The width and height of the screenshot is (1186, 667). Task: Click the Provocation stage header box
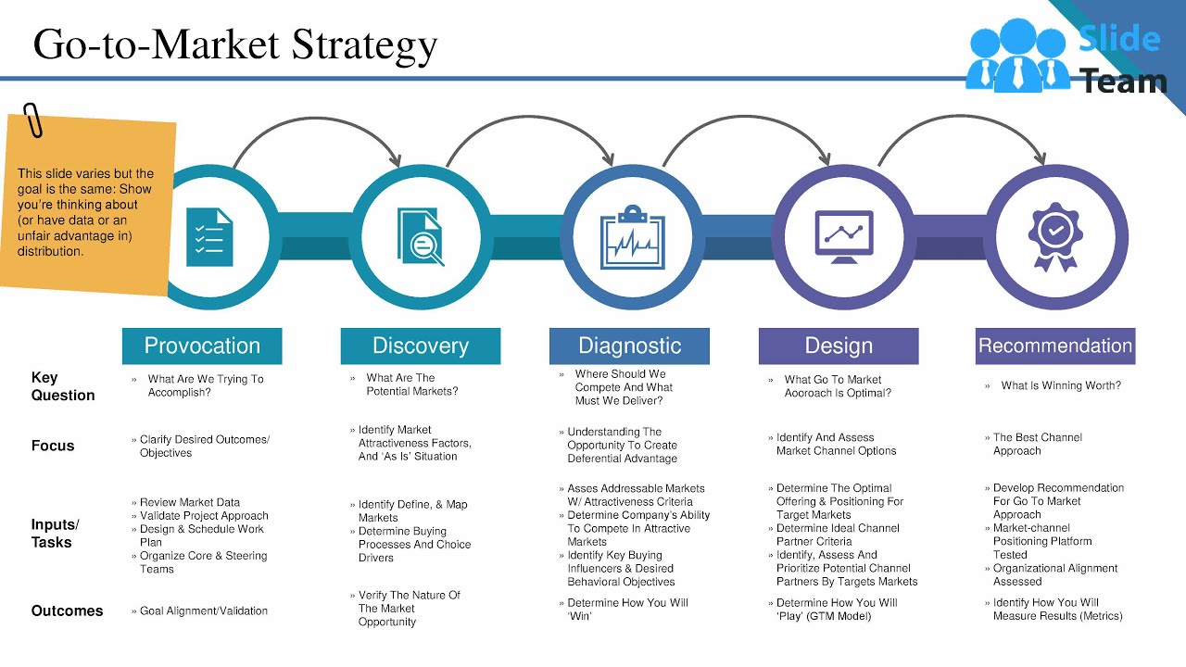[202, 346]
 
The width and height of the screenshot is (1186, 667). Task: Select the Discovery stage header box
[421, 346]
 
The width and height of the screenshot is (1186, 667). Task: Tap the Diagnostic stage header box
[629, 346]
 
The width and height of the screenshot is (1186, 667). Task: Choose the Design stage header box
[839, 346]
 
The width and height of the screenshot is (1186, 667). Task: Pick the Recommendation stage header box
[1055, 346]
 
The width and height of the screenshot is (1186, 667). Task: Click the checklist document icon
[209, 237]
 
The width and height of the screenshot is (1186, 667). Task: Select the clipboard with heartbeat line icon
[633, 237]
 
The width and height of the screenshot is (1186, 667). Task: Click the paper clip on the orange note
[33, 120]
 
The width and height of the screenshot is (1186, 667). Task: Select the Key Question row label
[62, 386]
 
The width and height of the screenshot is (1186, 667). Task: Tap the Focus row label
[53, 446]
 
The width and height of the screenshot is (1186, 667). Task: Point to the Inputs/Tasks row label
[55, 534]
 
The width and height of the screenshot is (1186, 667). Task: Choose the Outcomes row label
[67, 611]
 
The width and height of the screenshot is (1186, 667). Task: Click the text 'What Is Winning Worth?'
[1061, 385]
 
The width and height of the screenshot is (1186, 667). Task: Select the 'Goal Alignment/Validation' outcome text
[204, 611]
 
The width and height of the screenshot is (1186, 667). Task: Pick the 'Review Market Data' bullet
[189, 503]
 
